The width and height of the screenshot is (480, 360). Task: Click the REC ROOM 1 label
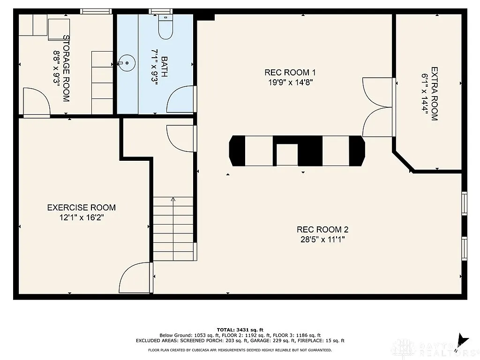(x=290, y=72)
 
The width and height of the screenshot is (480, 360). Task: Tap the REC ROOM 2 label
(x=322, y=230)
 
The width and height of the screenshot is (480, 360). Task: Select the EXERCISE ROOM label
(x=81, y=208)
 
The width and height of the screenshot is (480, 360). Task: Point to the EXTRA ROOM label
(x=434, y=94)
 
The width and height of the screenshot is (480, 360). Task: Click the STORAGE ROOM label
(x=66, y=68)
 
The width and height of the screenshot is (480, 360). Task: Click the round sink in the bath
(x=126, y=62)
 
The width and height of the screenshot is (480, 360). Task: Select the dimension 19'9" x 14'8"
(x=290, y=82)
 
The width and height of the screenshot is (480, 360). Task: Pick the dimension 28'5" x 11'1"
(x=322, y=240)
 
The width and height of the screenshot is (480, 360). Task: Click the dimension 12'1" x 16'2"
(x=81, y=217)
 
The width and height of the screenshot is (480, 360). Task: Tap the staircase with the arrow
(x=173, y=228)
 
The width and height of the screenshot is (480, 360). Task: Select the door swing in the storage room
(x=36, y=102)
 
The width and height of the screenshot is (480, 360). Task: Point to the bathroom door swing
(x=182, y=99)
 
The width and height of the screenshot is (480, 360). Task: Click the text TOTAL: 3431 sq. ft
(x=240, y=330)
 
